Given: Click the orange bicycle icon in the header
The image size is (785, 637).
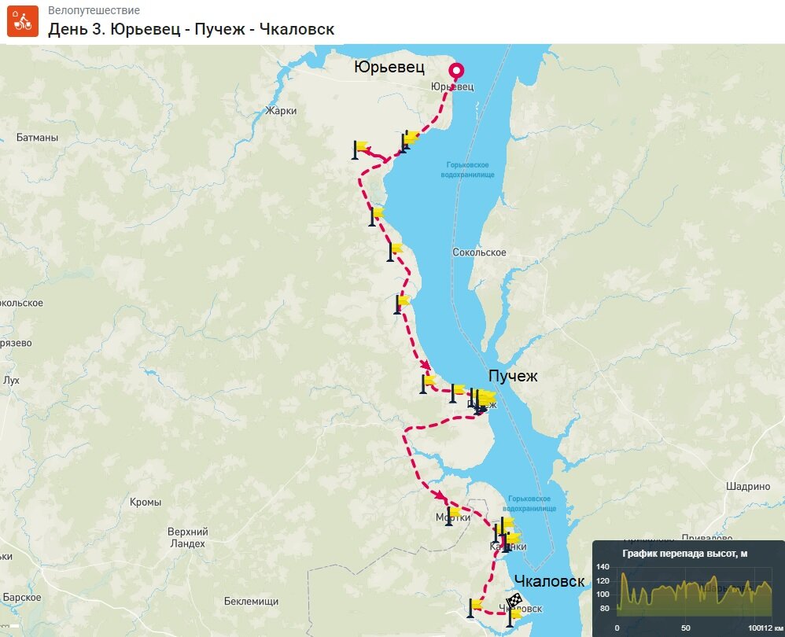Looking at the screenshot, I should click(x=23, y=21).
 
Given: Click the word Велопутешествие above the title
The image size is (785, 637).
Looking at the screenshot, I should click(x=94, y=11).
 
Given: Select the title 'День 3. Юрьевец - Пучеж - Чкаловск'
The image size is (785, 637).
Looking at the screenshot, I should click(x=191, y=29).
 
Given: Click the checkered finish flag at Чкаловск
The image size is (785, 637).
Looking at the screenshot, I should click(x=515, y=604).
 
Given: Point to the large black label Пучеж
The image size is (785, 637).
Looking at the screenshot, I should click(x=513, y=377).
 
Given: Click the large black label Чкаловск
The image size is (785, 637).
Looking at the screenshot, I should click(x=549, y=582).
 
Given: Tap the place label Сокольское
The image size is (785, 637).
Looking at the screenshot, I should click(x=479, y=252).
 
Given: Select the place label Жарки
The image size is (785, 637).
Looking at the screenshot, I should click(x=282, y=111).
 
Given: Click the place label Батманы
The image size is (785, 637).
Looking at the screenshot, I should click(x=37, y=138).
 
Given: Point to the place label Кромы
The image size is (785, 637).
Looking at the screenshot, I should click(x=146, y=502).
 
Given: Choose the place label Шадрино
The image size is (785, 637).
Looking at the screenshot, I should click(x=748, y=486).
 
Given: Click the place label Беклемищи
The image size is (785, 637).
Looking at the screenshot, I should click(x=251, y=602).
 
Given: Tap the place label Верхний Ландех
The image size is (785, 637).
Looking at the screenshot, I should click(x=187, y=537).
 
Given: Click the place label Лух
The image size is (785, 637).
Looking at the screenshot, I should click(x=11, y=380).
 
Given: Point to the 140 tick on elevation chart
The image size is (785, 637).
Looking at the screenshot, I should click(x=603, y=567).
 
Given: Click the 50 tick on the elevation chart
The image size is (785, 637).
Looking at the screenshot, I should click(x=686, y=628).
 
